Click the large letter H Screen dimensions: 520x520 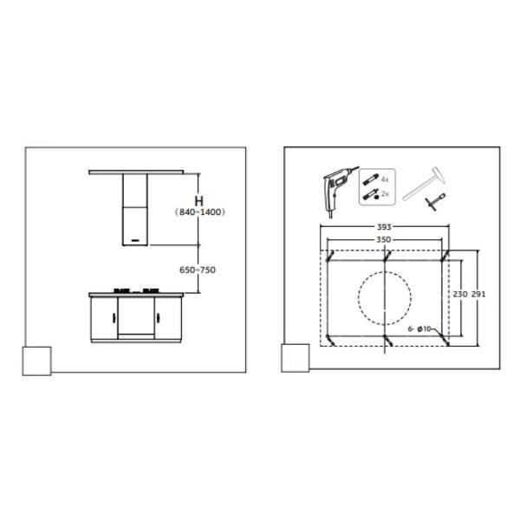point(199,201)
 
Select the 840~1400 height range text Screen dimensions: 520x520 point(200,212)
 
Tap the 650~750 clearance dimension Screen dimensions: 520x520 point(198,270)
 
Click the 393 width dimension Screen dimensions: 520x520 point(384,227)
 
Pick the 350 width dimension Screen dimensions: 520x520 point(383,239)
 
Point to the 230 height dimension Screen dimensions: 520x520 point(460,294)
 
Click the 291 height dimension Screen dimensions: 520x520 point(478,294)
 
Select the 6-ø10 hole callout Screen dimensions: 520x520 point(419,328)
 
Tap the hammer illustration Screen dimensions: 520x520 point(424,184)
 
